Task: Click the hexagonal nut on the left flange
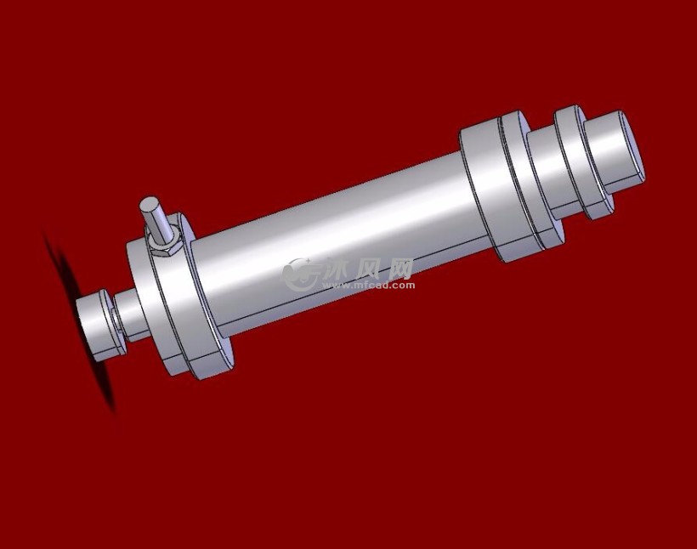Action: (162, 242)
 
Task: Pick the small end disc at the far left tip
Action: (97, 325)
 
